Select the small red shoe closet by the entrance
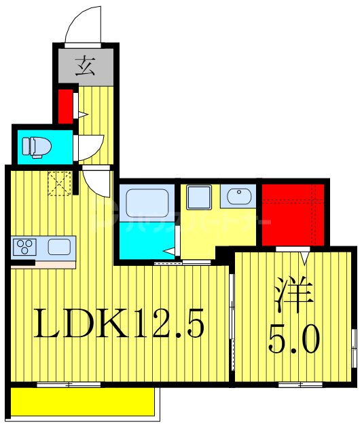coord(66,106)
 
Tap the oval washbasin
coord(239,197)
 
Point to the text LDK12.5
coord(119,326)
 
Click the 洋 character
coord(293,295)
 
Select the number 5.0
coord(293,339)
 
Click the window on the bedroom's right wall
coord(353,346)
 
